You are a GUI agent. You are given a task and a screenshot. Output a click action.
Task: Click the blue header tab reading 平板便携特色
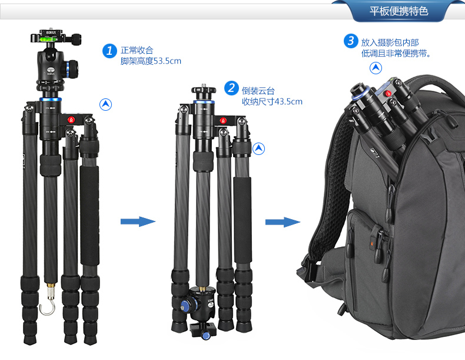click(398, 11)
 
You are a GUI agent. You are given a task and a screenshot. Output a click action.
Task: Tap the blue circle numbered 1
click(109, 51)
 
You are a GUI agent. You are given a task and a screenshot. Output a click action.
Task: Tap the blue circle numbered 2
click(231, 88)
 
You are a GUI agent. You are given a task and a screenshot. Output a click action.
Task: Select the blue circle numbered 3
click(351, 41)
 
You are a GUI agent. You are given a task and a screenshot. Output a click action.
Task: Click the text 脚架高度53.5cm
click(151, 61)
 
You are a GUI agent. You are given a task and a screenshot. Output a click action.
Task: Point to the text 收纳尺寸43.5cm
click(272, 101)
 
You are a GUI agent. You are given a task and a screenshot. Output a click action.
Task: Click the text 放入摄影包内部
click(390, 42)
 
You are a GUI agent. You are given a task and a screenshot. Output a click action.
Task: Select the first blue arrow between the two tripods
click(138, 222)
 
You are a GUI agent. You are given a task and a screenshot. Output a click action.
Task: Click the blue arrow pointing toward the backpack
click(283, 222)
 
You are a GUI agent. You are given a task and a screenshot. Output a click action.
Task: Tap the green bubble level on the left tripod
click(46, 39)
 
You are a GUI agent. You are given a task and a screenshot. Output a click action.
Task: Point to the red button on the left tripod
click(71, 120)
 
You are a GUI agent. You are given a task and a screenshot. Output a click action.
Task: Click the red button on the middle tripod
click(223, 121)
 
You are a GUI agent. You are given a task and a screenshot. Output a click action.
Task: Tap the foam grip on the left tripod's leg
click(89, 216)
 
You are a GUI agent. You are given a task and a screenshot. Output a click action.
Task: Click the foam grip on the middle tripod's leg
click(243, 220)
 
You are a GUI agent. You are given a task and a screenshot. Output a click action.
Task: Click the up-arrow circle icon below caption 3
click(376, 68)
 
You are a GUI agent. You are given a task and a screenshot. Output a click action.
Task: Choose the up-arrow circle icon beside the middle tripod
click(258, 148)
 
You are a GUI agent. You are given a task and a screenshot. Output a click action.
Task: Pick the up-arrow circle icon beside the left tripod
click(105, 104)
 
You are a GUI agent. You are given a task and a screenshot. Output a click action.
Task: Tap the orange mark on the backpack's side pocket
click(371, 244)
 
